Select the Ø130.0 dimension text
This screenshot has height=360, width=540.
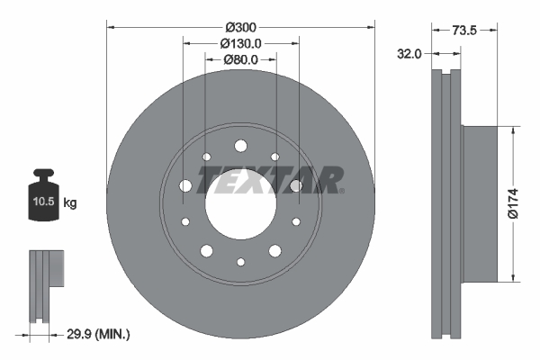coord(240,42)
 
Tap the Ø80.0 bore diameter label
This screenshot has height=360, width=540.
coord(240,59)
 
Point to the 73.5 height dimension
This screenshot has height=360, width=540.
coord(464,30)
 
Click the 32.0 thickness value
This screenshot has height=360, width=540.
coord(409,54)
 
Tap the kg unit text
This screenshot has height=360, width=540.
coord(70,203)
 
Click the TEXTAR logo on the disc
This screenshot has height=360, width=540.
coord(269,180)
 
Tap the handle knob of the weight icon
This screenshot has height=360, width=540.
coord(42,173)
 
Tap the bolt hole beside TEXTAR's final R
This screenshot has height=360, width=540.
coord(295,186)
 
